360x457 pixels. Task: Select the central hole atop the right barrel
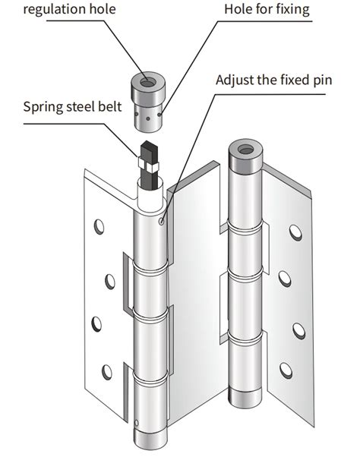(x=245, y=150)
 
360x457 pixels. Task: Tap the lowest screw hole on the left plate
(x=107, y=372)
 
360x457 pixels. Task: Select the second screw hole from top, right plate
(x=284, y=279)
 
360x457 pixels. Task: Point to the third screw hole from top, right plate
(x=298, y=329)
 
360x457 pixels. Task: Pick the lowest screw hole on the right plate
(x=286, y=370)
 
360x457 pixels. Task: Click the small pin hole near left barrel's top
(x=163, y=221)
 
